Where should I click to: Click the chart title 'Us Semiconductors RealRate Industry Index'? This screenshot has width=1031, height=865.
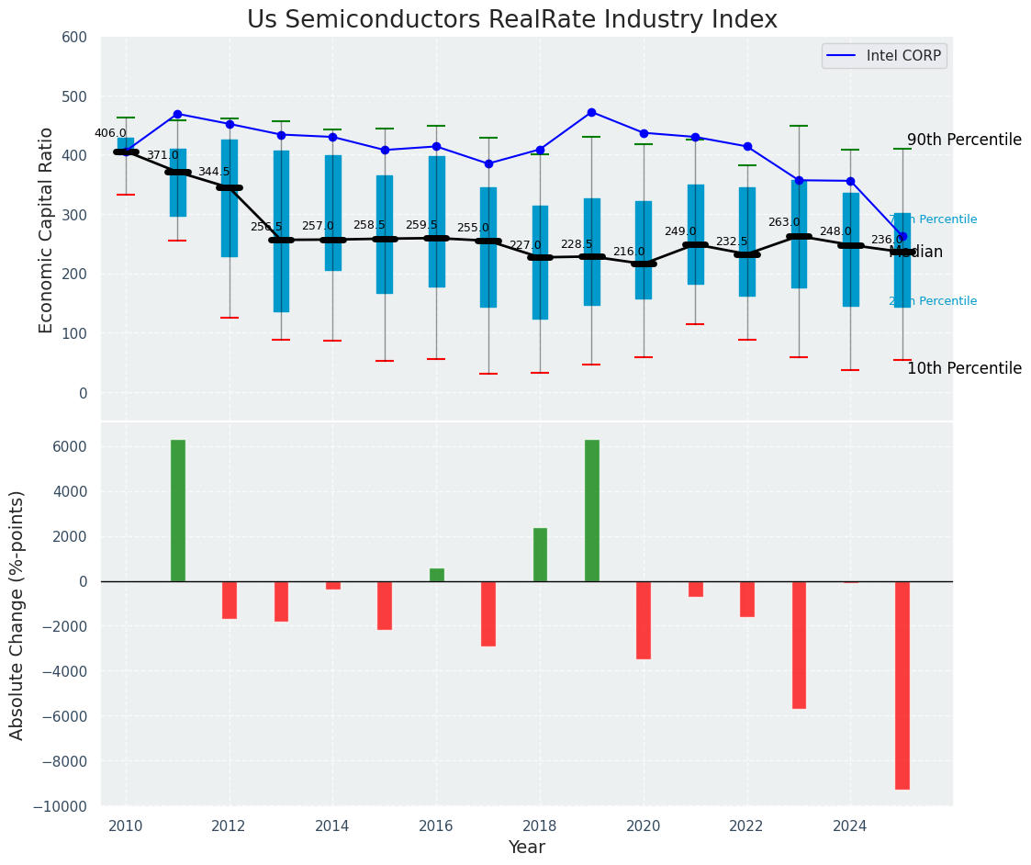512,20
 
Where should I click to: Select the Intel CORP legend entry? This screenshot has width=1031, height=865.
884,56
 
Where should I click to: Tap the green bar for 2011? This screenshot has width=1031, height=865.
178,511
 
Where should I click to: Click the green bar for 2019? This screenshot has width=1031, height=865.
592,511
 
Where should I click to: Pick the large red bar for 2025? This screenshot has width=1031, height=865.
902,685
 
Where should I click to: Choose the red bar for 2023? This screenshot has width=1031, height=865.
799,645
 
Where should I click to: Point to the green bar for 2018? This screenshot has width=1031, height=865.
540,555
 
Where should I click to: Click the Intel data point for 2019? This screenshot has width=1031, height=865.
591,112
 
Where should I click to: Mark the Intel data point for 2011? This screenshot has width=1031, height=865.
177,114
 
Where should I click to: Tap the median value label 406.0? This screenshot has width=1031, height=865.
110,133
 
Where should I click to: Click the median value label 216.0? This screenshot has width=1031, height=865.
629,252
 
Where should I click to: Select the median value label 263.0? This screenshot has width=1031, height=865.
784,222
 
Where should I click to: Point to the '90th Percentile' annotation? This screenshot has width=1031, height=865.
964,140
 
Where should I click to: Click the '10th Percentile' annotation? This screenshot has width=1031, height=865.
964,369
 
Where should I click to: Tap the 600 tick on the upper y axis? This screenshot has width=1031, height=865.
74,38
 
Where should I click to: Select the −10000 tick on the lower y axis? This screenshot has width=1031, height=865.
62,806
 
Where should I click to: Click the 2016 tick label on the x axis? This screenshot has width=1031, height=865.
436,826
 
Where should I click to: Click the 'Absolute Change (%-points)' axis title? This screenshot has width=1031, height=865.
17,614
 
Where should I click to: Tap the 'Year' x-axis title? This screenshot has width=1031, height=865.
527,848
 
